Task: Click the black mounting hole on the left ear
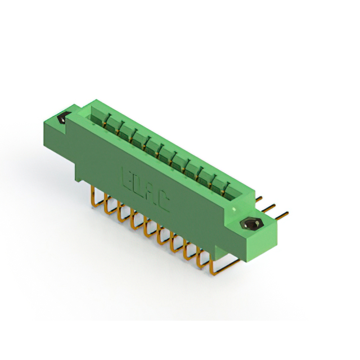tap(62, 119)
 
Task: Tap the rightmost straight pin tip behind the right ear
tap(285, 214)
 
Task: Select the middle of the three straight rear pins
tap(271, 206)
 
